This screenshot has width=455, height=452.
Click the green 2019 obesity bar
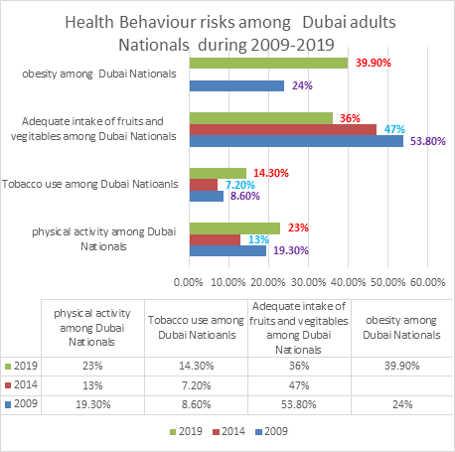coord(268,63)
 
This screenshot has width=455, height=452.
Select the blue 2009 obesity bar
coord(236,85)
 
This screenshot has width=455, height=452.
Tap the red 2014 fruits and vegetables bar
coord(283,130)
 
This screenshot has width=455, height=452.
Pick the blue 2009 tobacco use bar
coord(207,196)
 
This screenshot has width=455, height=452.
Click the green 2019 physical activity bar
coord(234,228)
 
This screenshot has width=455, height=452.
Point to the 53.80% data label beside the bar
coord(428,141)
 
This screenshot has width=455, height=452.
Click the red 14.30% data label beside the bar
coord(271,173)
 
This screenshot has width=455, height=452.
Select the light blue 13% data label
coord(258,239)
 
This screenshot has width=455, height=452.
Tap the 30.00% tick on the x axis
coord(308,282)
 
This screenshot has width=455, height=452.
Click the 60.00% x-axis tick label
coord(427,282)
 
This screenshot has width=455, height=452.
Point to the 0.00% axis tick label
coord(188,282)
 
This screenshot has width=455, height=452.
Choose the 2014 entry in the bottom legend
coord(229,431)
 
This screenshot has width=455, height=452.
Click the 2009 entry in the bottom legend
coord(271,431)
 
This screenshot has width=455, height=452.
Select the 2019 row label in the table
coord(21,366)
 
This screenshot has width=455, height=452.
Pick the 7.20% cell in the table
coord(196,385)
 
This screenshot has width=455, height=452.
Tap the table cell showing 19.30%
coord(92,404)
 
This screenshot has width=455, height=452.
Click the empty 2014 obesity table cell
coord(402,385)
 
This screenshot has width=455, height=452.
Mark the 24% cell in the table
coord(402,404)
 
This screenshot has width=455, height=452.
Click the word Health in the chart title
coord(89,23)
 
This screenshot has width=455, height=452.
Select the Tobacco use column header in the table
coord(196,328)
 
